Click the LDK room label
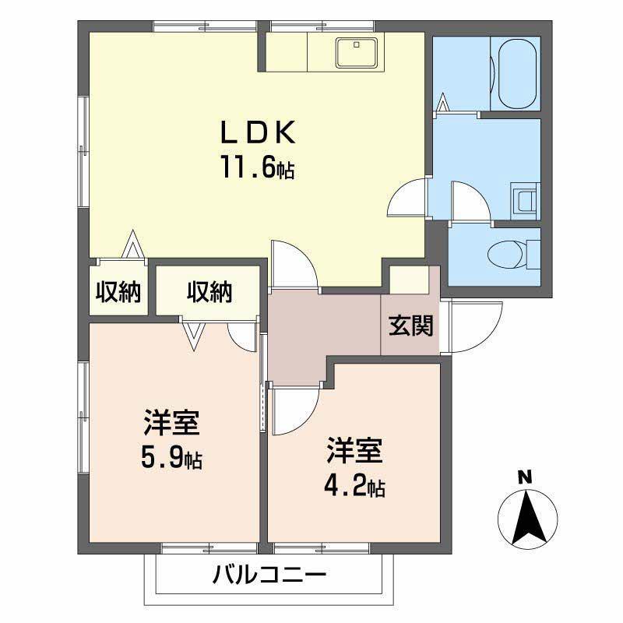click(x=258, y=132)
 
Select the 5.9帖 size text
click(x=171, y=458)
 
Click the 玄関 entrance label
click(x=411, y=325)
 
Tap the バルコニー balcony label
click(x=269, y=575)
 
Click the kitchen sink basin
click(x=356, y=53)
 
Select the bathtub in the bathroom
click(x=517, y=74)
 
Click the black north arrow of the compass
click(x=527, y=518)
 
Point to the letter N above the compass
click(x=525, y=477)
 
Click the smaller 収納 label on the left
click(x=118, y=293)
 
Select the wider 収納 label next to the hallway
click(x=209, y=293)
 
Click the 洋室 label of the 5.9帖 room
click(x=171, y=423)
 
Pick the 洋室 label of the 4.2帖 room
click(x=354, y=451)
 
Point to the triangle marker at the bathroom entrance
click(x=442, y=102)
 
